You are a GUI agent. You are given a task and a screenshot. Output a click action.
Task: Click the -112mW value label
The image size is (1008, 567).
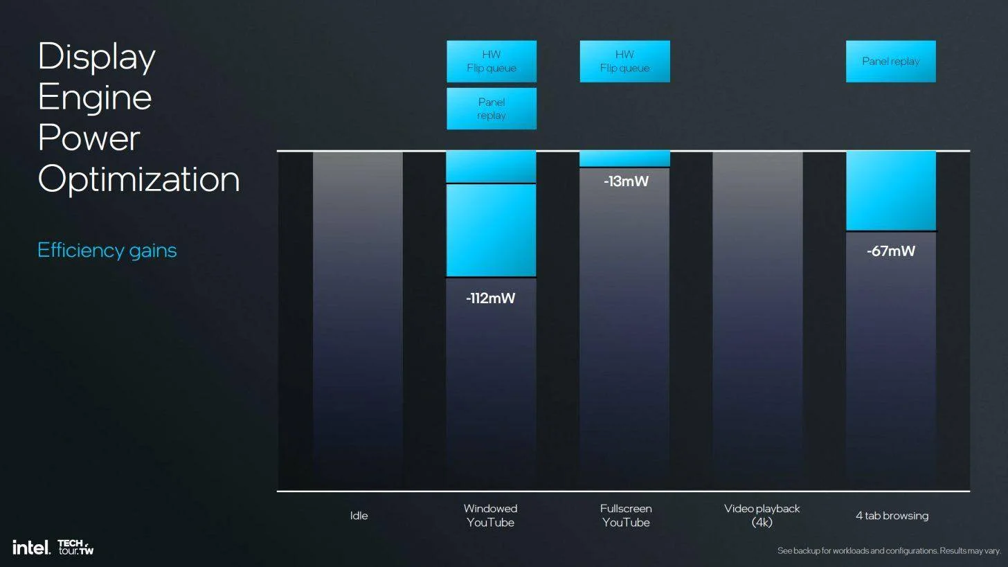point(490,298)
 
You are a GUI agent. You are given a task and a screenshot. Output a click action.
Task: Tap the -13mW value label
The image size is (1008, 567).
point(626,181)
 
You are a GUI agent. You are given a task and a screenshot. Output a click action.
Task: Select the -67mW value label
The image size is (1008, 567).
point(890,251)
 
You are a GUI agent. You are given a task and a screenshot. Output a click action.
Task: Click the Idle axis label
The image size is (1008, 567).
point(359,516)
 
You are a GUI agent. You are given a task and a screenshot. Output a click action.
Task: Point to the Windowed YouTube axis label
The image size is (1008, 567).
point(490,516)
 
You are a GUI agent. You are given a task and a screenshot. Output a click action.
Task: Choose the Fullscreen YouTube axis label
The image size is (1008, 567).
point(625,516)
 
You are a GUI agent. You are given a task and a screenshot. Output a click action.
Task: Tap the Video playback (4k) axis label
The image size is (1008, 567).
point(762,516)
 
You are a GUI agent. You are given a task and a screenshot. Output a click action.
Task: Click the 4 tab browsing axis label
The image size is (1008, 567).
point(892,516)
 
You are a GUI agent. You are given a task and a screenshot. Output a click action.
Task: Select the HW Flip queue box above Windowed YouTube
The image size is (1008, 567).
point(492,62)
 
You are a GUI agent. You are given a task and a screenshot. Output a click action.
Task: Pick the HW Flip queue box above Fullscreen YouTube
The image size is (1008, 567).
point(624,62)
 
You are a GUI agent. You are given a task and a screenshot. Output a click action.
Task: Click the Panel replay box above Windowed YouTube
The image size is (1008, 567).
point(492,109)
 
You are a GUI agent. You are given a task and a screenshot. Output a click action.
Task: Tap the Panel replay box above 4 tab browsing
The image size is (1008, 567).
point(890,62)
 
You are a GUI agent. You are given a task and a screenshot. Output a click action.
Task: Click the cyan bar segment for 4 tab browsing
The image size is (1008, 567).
point(890,191)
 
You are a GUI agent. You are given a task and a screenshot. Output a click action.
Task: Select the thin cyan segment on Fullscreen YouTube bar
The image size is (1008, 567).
point(624,159)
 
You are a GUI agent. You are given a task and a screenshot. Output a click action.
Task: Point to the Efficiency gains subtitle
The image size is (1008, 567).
point(107,251)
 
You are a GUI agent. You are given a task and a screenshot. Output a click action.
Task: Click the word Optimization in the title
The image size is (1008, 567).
point(138,179)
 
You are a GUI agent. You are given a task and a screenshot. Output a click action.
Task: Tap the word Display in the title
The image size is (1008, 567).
point(96,56)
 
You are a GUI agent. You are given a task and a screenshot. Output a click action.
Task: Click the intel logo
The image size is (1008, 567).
point(31,548)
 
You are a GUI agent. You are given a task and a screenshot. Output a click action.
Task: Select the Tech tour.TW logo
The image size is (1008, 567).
point(75,548)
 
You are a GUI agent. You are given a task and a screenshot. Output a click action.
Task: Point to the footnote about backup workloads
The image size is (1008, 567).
point(889,551)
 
